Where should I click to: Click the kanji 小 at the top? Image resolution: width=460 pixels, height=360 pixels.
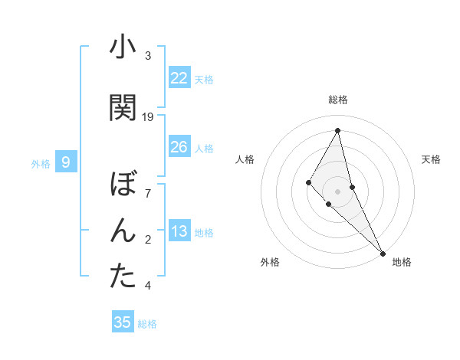click(123, 47)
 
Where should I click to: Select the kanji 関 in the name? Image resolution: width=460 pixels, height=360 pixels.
click(123, 107)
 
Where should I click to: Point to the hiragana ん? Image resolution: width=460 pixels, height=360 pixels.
click(123, 231)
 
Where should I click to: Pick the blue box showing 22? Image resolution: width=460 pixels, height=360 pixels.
click(179, 78)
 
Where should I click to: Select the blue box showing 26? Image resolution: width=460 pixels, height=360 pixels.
click(179, 147)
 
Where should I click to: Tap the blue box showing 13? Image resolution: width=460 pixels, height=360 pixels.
click(179, 232)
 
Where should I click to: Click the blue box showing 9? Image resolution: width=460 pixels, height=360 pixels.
click(66, 162)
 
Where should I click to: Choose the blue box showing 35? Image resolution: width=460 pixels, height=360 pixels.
click(123, 322)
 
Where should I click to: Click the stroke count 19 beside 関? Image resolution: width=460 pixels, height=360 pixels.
click(148, 117)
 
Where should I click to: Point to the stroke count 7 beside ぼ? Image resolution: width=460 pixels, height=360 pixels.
click(148, 194)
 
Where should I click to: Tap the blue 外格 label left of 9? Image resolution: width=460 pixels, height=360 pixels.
click(40, 163)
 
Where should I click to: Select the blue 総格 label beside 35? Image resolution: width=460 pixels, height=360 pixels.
click(147, 324)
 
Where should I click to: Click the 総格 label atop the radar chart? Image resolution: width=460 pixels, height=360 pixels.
click(337, 100)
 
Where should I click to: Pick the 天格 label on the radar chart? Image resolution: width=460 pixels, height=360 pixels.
click(431, 159)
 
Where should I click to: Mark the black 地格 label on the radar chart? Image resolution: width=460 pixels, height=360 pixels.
click(402, 262)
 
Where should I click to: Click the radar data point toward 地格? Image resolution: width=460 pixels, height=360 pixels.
click(383, 252)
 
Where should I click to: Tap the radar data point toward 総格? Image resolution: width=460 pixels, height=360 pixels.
click(337, 130)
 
